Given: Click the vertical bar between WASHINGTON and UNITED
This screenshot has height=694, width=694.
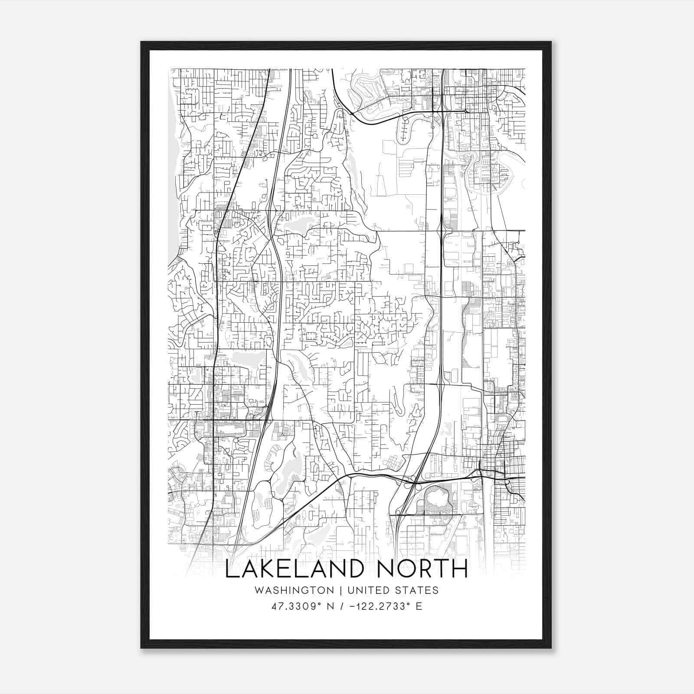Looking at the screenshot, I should point(340,590).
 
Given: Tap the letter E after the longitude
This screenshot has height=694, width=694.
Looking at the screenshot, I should point(419,606).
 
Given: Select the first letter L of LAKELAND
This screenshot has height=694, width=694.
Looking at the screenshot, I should point(231,569).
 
